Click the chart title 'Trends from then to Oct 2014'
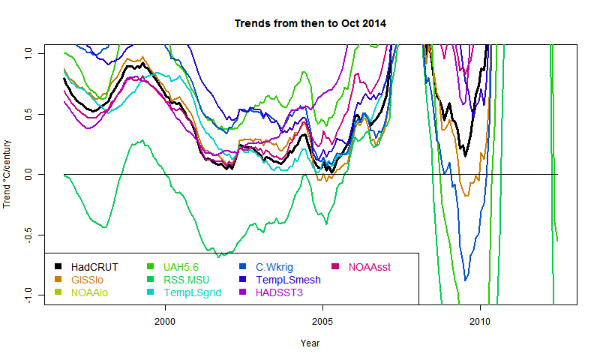310,23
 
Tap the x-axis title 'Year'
310,343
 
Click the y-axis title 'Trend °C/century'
7,174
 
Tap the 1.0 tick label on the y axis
27,52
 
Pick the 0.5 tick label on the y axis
27,113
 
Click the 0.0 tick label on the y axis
27,174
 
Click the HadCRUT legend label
94,266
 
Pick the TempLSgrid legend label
192,292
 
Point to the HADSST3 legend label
280,292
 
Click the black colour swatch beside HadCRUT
58,266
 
